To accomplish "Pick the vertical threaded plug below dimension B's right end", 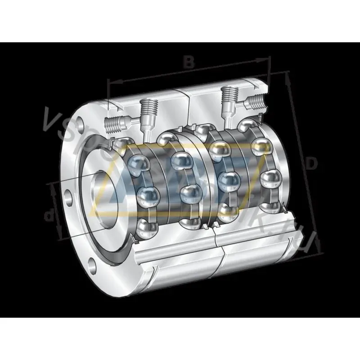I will [230, 96].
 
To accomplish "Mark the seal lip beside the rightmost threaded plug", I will [260, 118].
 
